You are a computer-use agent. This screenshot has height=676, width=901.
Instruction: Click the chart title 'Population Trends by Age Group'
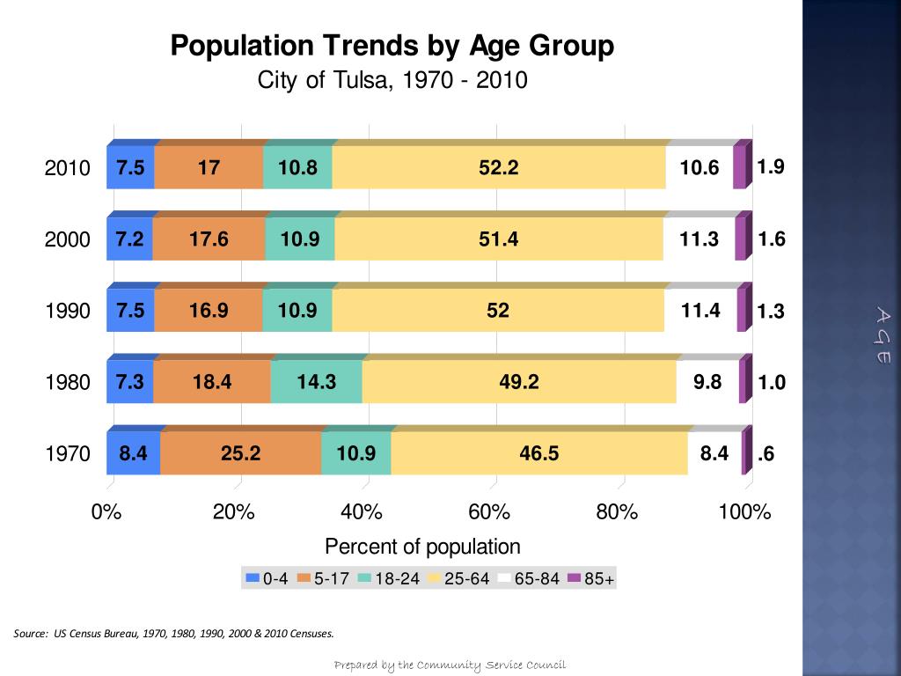point(392,46)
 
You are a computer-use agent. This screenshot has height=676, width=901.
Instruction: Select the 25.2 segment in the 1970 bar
point(240,453)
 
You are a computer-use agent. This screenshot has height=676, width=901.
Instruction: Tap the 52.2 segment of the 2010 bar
point(498,167)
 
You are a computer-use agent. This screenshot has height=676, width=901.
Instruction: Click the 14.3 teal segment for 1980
point(317,382)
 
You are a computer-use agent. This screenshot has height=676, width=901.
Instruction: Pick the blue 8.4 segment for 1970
point(133,453)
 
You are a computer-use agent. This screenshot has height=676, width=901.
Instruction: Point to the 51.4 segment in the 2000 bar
point(498,239)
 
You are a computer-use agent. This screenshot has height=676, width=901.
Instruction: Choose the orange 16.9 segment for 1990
point(209,311)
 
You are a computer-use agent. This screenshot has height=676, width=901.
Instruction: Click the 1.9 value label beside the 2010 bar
point(771,166)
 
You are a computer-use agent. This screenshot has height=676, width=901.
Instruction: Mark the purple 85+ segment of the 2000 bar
point(741,239)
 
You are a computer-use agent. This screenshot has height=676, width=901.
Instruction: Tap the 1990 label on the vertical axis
point(68,312)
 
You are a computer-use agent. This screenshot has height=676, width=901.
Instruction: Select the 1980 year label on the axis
point(68,383)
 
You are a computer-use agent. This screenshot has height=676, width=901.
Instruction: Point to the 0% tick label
point(106,512)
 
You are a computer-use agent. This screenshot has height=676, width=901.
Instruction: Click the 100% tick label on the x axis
point(744,512)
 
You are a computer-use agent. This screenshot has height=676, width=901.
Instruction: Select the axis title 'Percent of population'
point(422,547)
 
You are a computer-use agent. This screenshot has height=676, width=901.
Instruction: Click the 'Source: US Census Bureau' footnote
point(174,633)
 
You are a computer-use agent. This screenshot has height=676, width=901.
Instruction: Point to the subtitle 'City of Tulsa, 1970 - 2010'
point(392,80)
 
